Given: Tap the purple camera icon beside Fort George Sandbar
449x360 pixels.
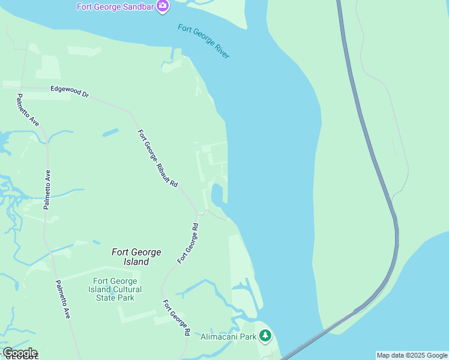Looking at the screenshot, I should click(162, 7).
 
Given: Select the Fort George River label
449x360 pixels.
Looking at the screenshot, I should click(203, 41).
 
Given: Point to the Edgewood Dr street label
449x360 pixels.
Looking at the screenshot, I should click(69, 91).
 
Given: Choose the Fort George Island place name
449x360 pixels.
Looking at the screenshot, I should click(136, 257).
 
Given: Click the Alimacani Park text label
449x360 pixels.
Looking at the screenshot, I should click(228, 337).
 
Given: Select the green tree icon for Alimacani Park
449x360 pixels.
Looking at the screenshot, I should click(265, 336).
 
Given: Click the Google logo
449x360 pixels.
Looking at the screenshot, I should click(20, 353).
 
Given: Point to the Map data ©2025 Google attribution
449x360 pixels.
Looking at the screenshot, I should click(412, 355).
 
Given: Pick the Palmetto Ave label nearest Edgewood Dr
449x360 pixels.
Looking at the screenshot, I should click(28, 110).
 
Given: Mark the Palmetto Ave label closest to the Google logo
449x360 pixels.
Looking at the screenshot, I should click(62, 299).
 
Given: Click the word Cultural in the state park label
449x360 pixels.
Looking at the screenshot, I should click(126, 289).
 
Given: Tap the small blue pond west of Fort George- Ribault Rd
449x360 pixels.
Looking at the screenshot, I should click(110, 133).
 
